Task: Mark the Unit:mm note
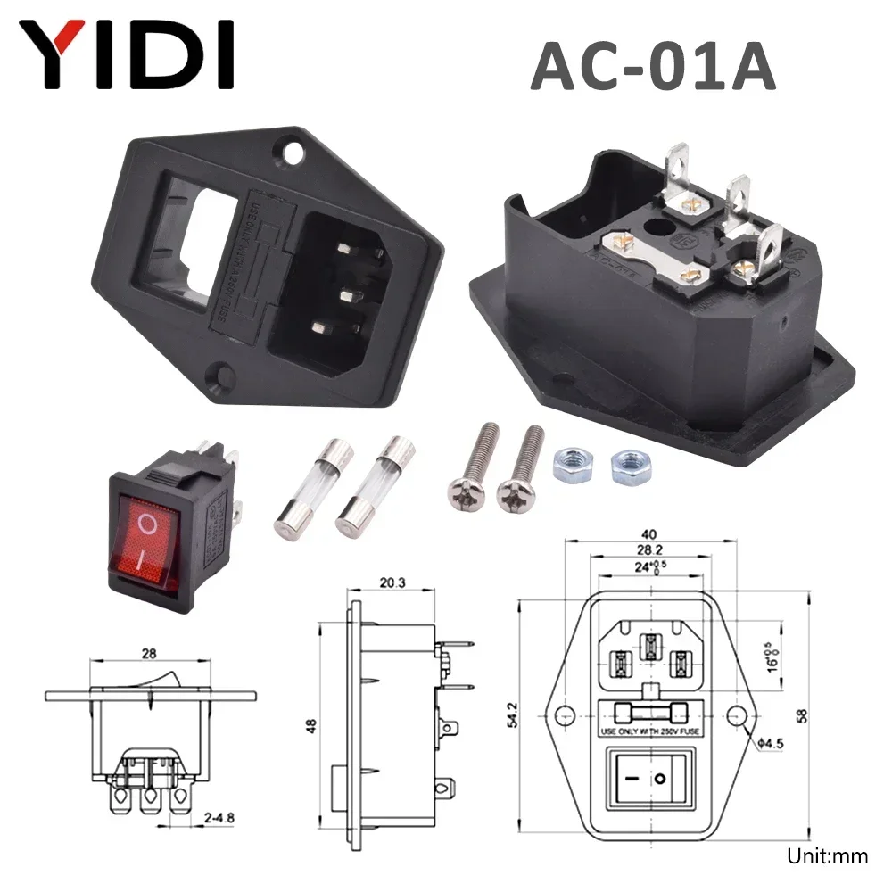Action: click(827, 857)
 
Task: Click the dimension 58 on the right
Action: click(807, 715)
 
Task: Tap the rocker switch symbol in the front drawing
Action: click(648, 779)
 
